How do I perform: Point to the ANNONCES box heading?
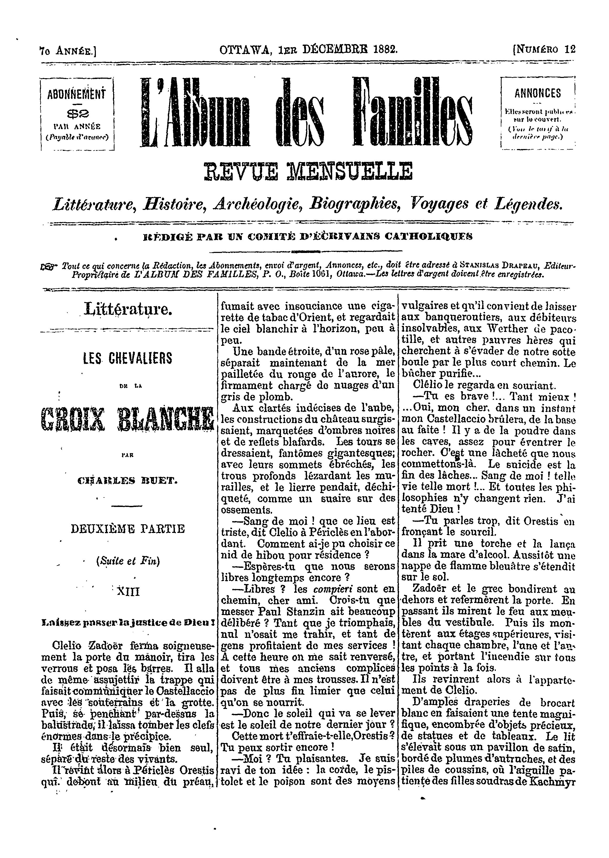(538, 93)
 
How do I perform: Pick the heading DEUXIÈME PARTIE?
(128, 529)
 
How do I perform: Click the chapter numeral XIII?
(128, 592)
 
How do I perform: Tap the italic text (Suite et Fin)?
(128, 561)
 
